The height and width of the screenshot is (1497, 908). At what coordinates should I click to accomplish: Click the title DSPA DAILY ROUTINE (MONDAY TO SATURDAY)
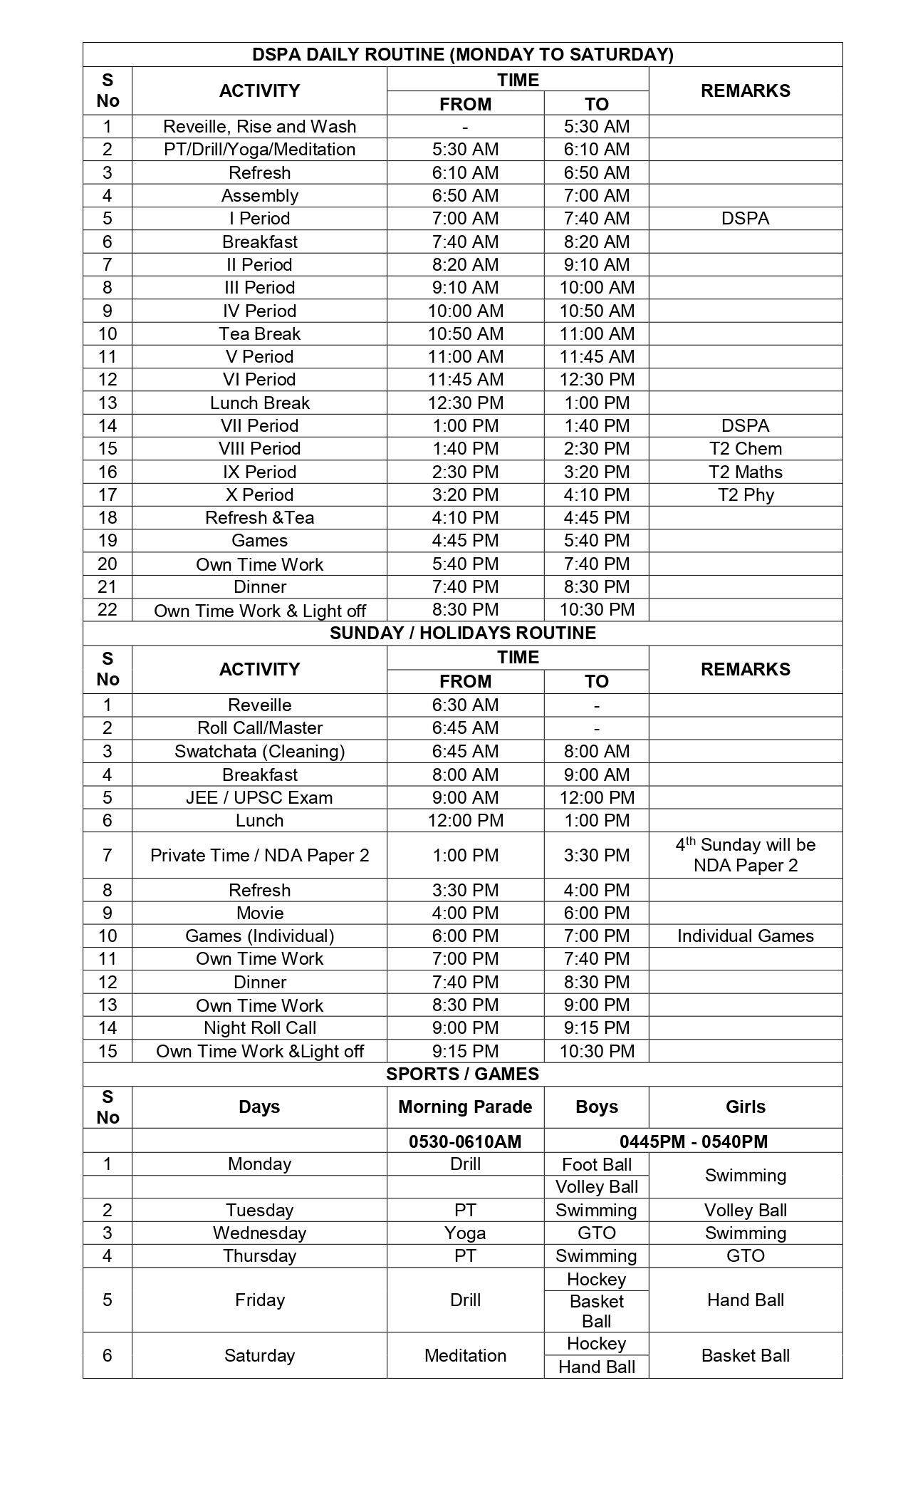(462, 55)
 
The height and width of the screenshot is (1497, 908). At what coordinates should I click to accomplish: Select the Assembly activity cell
(259, 195)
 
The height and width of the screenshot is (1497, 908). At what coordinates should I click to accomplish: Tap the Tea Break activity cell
(259, 333)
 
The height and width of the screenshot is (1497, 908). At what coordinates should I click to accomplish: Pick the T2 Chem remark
(745, 448)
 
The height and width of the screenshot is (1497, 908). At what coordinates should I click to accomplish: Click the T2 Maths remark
(745, 472)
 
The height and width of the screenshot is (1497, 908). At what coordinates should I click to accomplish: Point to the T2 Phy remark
(745, 494)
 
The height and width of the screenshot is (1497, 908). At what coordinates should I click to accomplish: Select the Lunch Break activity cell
(259, 403)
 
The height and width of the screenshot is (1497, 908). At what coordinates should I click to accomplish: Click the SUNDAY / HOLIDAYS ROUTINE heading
(462, 633)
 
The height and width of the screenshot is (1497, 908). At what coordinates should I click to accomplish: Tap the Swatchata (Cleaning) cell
(259, 751)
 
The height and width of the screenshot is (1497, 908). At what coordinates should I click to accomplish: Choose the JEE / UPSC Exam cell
(259, 797)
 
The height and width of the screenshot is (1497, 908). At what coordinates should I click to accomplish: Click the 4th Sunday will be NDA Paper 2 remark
(745, 855)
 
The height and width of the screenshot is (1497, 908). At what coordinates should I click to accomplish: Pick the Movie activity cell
(259, 913)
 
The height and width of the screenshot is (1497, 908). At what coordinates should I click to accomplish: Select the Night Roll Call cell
(259, 1027)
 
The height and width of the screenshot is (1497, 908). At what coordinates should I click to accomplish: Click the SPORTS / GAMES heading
(462, 1074)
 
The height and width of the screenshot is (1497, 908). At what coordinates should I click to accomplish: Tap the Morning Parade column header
(465, 1107)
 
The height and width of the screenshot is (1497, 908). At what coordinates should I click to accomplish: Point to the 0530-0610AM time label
(465, 1141)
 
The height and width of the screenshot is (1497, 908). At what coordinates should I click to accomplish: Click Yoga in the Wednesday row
(465, 1233)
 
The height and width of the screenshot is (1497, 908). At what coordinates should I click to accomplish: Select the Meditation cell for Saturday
(465, 1355)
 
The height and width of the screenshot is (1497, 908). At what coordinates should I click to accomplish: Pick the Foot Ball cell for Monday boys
(596, 1164)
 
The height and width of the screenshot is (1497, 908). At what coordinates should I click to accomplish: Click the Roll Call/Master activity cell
(259, 727)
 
